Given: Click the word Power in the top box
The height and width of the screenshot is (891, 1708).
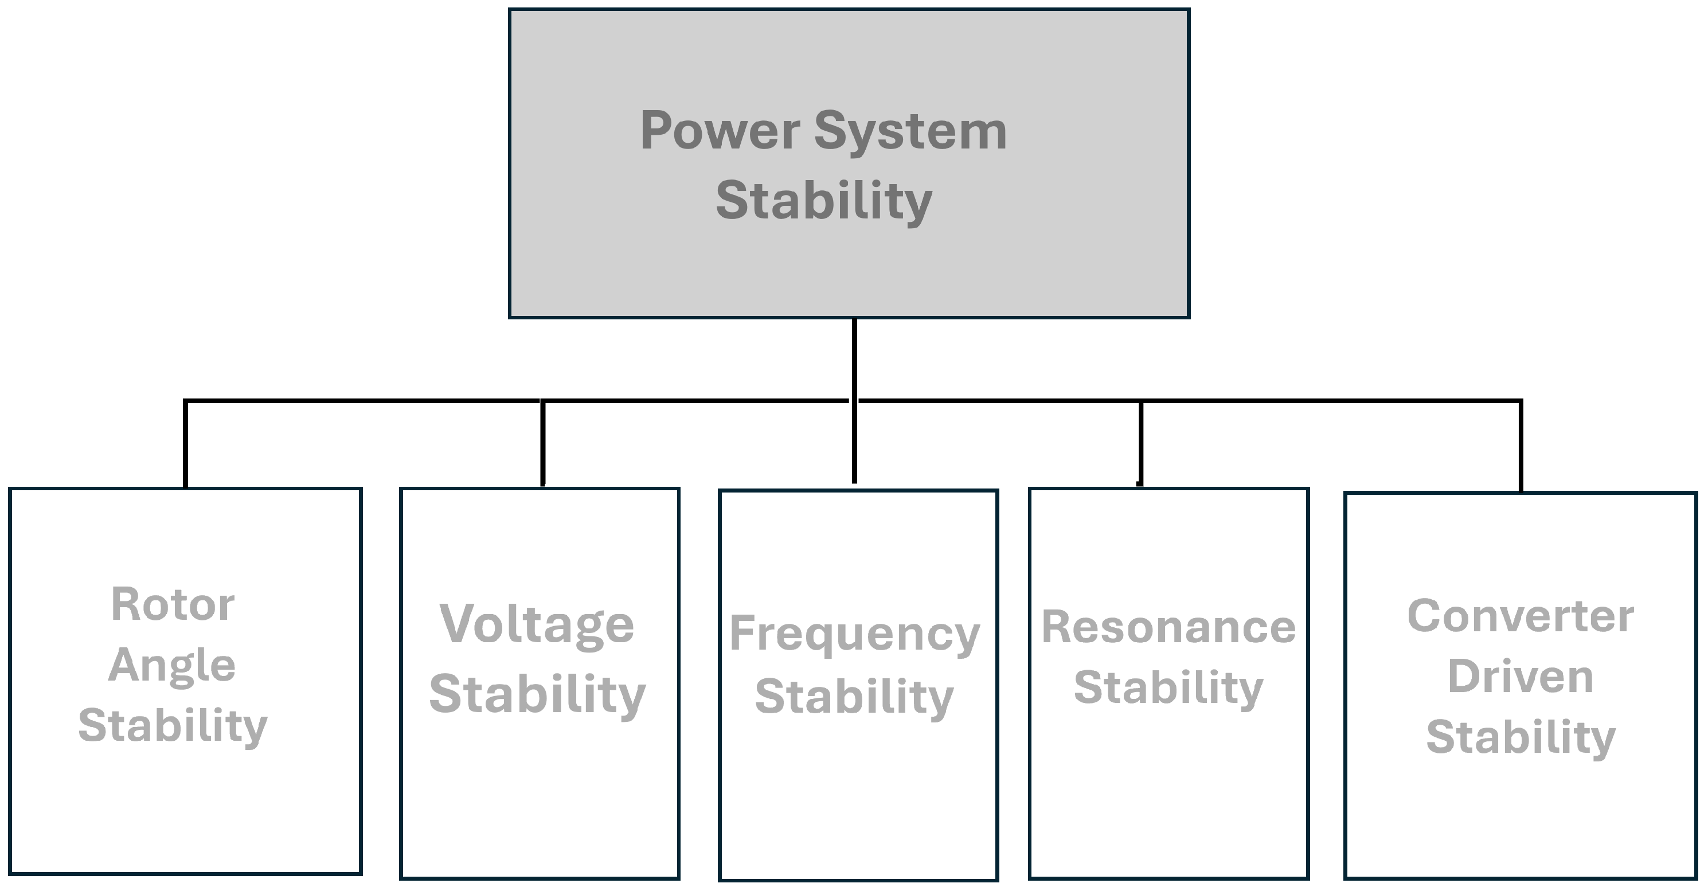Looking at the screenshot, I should pos(720,131).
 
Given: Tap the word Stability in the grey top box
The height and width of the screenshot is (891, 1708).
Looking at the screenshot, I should pos(824,200).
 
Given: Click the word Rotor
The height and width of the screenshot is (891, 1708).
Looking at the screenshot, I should pos(173,604).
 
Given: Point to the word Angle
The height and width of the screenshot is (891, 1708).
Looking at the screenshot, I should pos(172,666).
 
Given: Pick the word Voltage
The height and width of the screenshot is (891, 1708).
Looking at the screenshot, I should pos(537,624).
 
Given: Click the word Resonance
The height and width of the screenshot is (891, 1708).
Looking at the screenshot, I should pos(1168,627).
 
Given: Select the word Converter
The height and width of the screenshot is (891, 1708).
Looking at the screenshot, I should pos(1520,616).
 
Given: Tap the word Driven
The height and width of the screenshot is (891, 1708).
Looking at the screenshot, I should pos(1520,677).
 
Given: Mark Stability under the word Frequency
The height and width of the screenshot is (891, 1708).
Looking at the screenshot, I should pos(854,697).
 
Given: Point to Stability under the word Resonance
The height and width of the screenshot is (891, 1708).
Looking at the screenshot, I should pos(1168,688).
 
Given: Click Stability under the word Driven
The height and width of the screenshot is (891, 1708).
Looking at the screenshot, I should pos(1520,737).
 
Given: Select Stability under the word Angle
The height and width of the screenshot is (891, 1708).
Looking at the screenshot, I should pos(173,726).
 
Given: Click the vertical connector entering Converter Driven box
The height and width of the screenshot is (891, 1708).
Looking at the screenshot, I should pos(1520,447).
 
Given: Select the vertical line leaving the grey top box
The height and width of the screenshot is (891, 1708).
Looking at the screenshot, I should pos(854,358).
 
